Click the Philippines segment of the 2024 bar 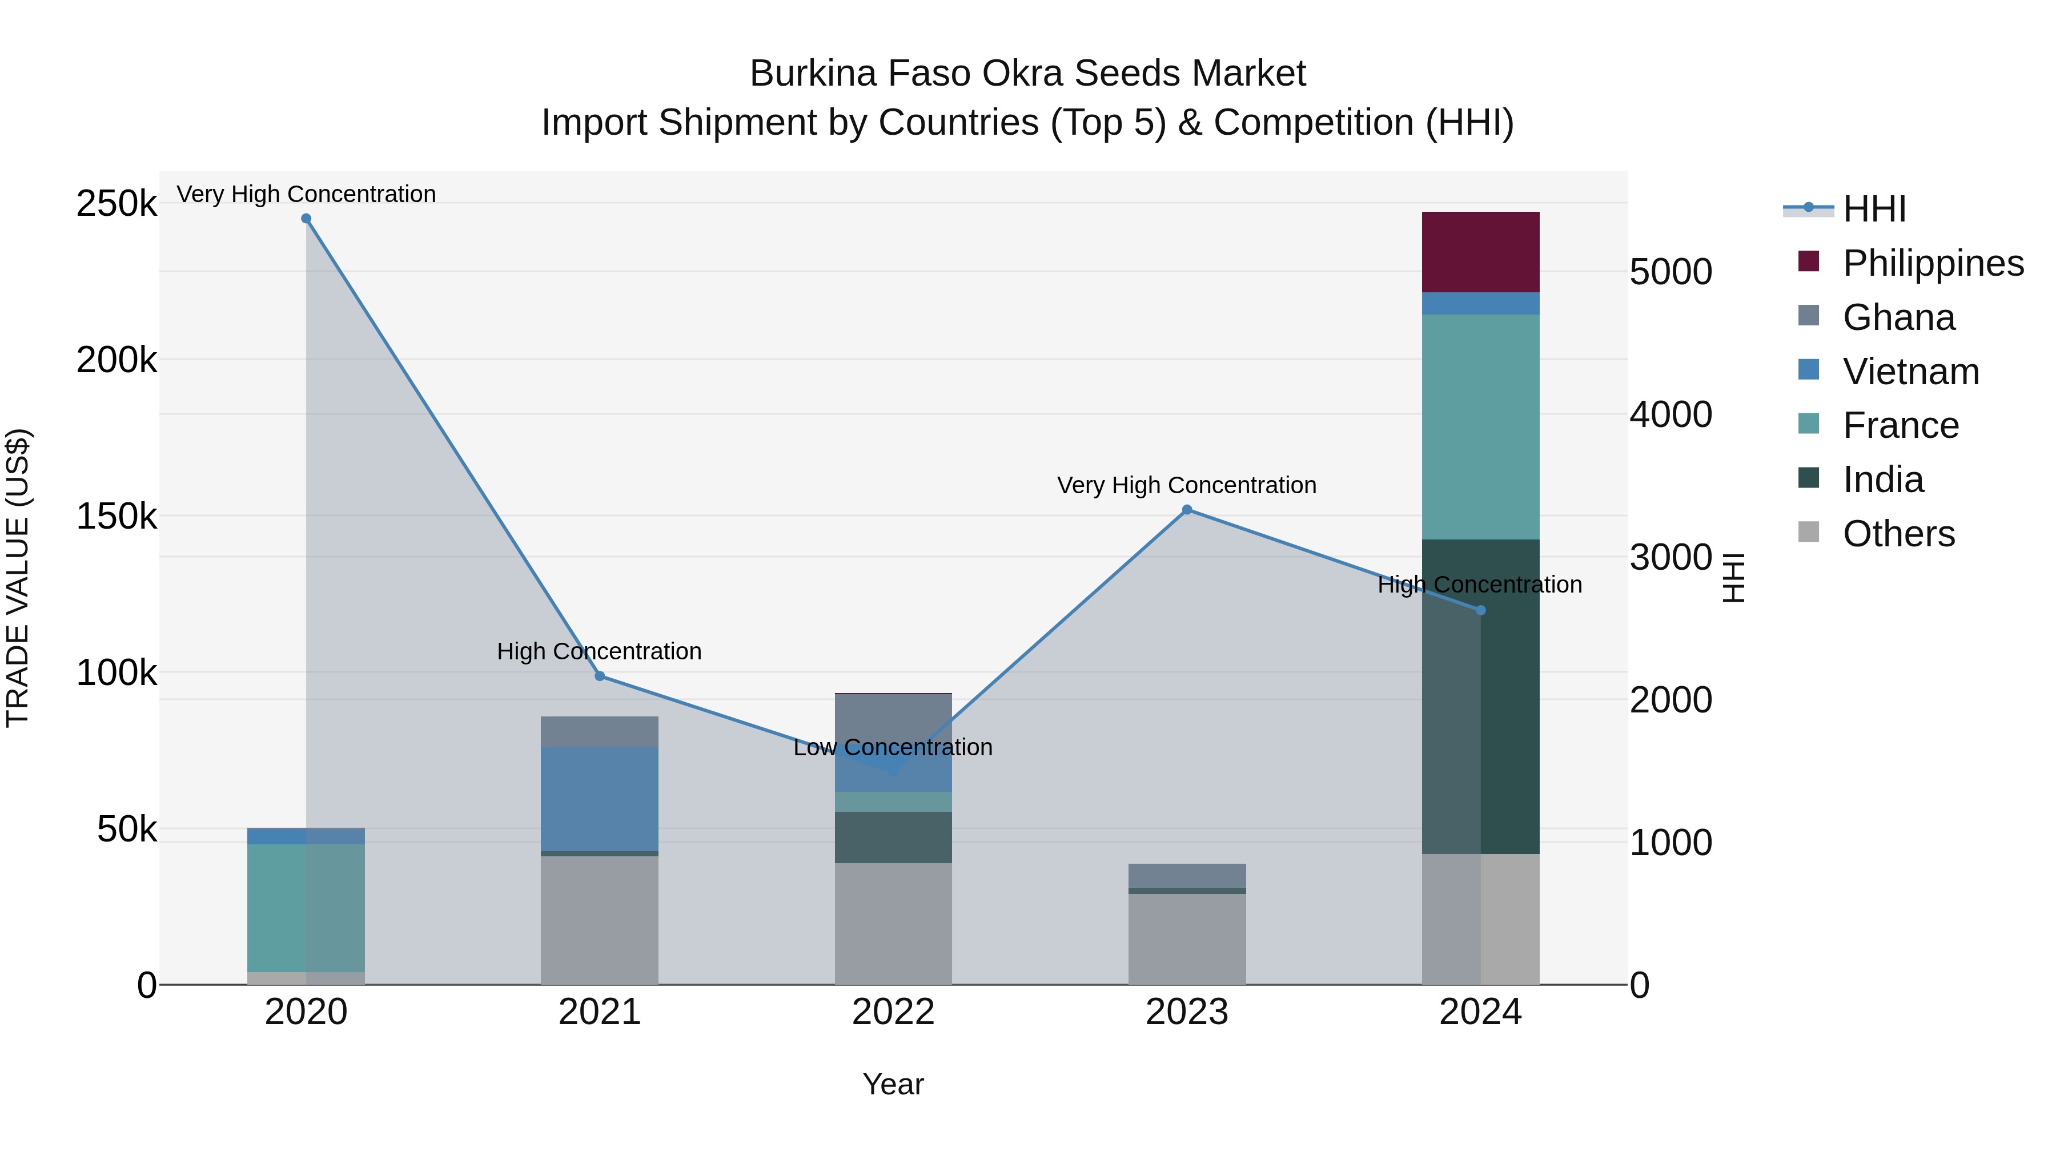1480,252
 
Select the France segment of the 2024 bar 1480,427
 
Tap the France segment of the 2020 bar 306,908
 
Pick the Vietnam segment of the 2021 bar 600,799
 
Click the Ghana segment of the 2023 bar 1186,875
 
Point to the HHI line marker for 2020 306,219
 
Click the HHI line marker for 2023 1186,510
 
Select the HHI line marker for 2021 600,676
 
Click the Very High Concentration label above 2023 1186,485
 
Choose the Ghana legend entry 1898,317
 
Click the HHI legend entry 1874,209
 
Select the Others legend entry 1898,534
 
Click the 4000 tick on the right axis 1670,415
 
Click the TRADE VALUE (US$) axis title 18,578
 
